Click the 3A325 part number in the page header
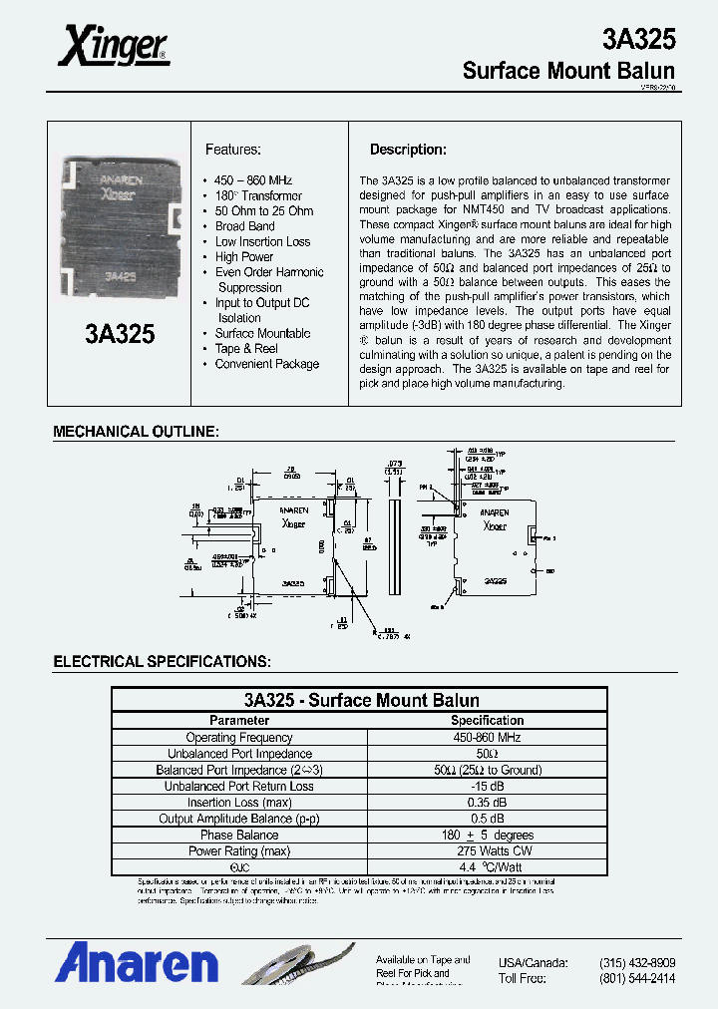(638, 39)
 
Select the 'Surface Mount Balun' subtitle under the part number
(568, 71)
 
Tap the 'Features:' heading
(233, 150)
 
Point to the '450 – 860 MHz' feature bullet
(253, 180)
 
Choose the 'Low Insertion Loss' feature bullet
(262, 241)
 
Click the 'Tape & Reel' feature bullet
(246, 348)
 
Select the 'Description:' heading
(408, 150)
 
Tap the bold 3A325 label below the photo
(120, 334)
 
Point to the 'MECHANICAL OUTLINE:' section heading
(136, 432)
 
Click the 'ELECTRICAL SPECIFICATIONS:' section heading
(161, 661)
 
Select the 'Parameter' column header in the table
(239, 720)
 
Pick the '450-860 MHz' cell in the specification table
(487, 738)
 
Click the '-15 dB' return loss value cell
(487, 786)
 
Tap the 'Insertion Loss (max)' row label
(239, 803)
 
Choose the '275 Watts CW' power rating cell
(487, 850)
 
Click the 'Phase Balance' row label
(239, 835)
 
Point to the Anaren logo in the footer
(137, 964)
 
